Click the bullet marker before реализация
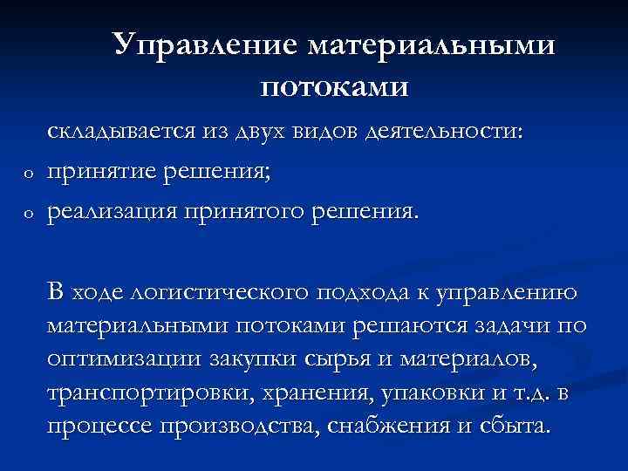28,212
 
